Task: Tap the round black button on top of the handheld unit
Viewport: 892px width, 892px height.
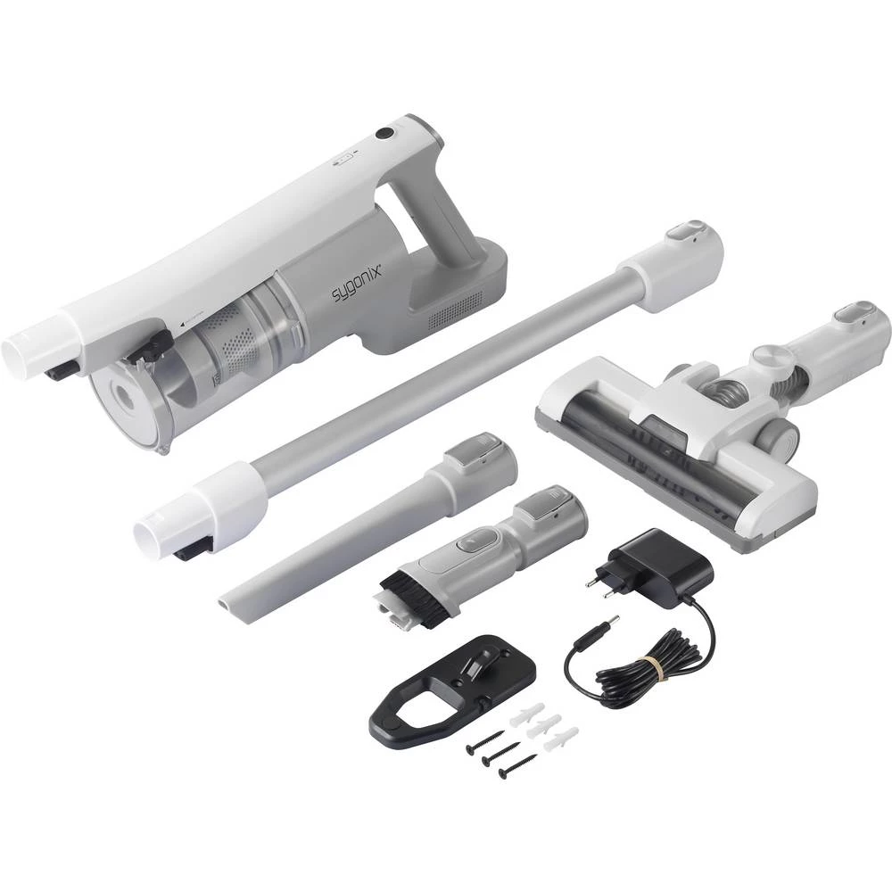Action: click(x=384, y=134)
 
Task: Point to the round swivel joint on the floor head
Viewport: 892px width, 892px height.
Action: click(x=767, y=358)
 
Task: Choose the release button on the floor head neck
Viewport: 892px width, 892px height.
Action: click(x=855, y=313)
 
